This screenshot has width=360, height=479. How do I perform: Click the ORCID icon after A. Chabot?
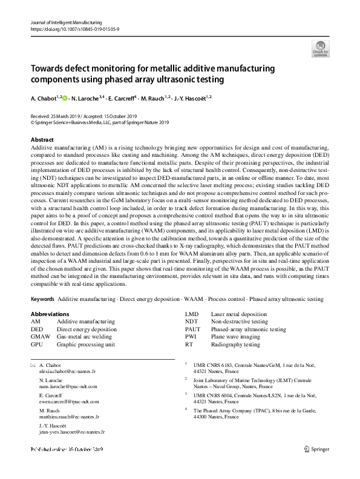coord(65,97)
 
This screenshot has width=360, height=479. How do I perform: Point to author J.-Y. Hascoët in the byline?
coord(189,97)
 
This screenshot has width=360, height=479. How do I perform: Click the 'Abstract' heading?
coord(42,139)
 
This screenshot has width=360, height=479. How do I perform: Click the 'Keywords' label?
coord(42,299)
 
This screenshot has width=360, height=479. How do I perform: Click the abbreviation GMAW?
coord(41,336)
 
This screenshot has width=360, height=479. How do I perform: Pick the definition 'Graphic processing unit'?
coord(85,343)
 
